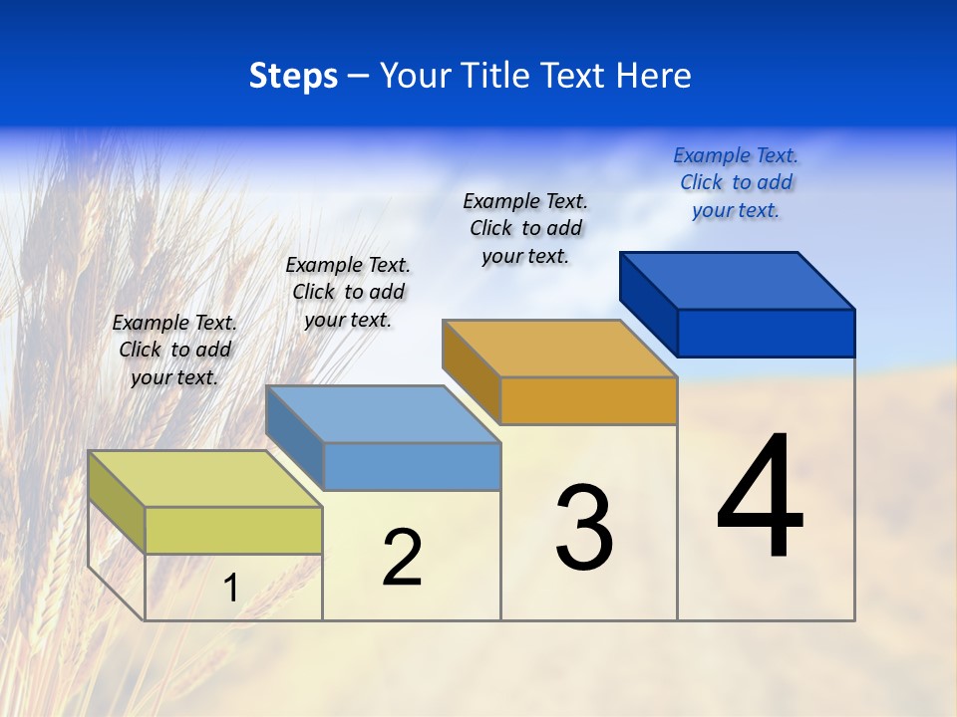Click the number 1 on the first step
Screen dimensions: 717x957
tap(230, 589)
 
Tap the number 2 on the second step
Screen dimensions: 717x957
tap(402, 558)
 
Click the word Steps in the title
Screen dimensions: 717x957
tap(293, 76)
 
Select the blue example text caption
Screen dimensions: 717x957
tap(736, 182)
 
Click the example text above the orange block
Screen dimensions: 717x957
tap(525, 228)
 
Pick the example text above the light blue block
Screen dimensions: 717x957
tap(348, 292)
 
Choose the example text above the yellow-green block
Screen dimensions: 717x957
tap(174, 350)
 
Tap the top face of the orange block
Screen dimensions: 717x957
tap(559, 349)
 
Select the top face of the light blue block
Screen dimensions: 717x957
tap(382, 414)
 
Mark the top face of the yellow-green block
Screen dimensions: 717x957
tap(204, 479)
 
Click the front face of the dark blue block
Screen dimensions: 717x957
tap(766, 333)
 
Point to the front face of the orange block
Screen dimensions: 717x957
tap(588, 400)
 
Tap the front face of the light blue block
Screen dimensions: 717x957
tap(412, 466)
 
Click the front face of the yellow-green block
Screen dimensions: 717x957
tap(233, 530)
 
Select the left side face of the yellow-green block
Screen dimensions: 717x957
tap(116, 501)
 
